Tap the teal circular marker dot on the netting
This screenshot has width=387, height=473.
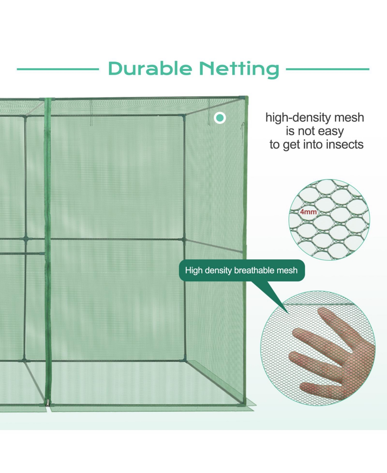(220, 118)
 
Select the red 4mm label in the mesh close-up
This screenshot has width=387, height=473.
(308, 212)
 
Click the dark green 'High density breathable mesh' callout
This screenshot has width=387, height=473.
(242, 270)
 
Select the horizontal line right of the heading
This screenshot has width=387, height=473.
(327, 69)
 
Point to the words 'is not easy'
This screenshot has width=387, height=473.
(314, 131)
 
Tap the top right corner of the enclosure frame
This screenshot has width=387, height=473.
(246, 97)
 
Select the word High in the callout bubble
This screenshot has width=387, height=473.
(193, 270)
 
